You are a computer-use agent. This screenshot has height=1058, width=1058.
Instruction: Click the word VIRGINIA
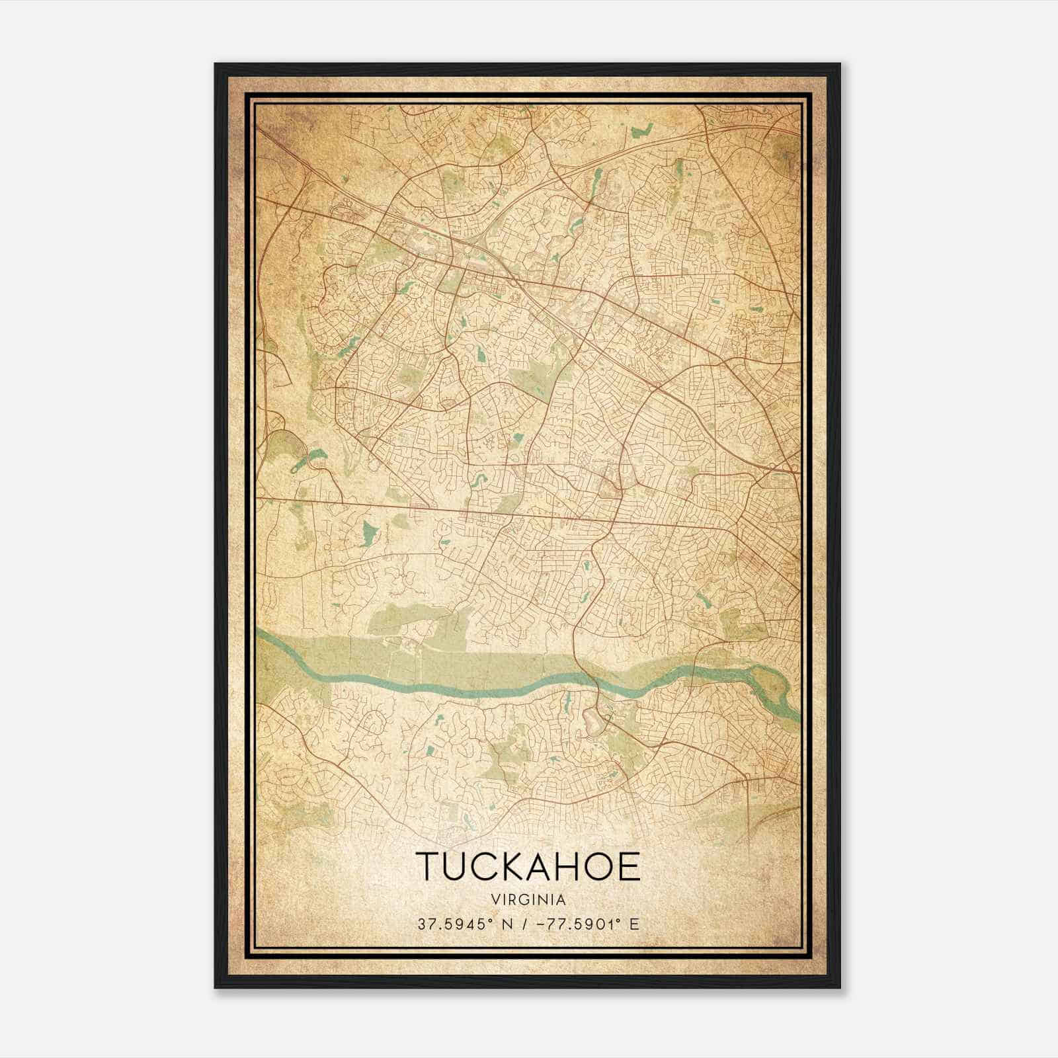(528, 900)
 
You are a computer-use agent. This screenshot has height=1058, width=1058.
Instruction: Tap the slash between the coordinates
(524, 924)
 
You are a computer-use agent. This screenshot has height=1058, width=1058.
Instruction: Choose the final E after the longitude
(635, 924)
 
